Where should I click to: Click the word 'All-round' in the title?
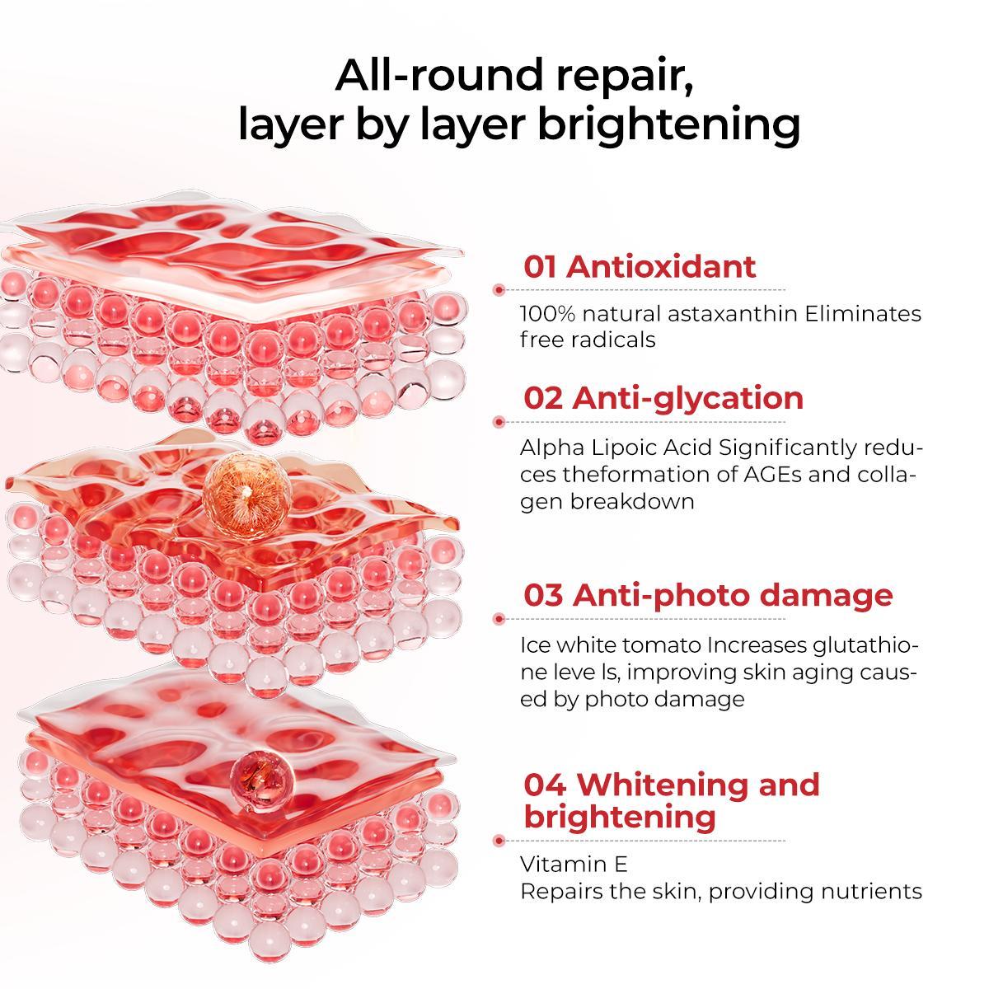coord(438,75)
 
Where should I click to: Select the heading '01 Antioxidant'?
coord(640,266)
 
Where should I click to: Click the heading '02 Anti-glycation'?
coord(663,398)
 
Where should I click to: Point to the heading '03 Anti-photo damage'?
coord(708,595)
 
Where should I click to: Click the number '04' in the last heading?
coord(545,785)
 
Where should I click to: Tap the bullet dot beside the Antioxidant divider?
coord(499,290)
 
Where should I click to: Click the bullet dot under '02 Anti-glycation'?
coord(499,422)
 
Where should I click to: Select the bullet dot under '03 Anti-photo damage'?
coord(499,619)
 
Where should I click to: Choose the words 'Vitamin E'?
coord(574,865)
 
